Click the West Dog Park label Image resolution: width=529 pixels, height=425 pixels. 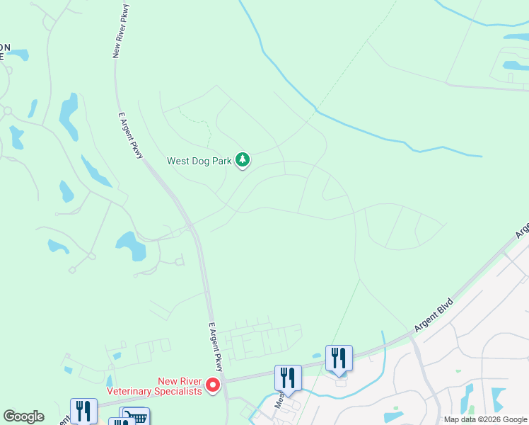(199, 161)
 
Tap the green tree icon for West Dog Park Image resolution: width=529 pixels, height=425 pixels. (243, 160)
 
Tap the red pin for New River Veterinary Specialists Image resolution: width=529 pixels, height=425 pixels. (213, 386)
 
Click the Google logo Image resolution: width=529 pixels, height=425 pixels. (24, 416)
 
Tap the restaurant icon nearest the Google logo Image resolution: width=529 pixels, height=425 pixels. (83, 411)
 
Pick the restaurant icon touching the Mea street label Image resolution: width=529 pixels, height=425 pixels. (288, 378)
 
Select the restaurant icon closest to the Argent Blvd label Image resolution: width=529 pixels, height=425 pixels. (339, 358)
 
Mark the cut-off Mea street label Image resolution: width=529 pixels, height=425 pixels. (282, 404)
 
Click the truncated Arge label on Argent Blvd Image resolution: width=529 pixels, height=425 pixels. (522, 231)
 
